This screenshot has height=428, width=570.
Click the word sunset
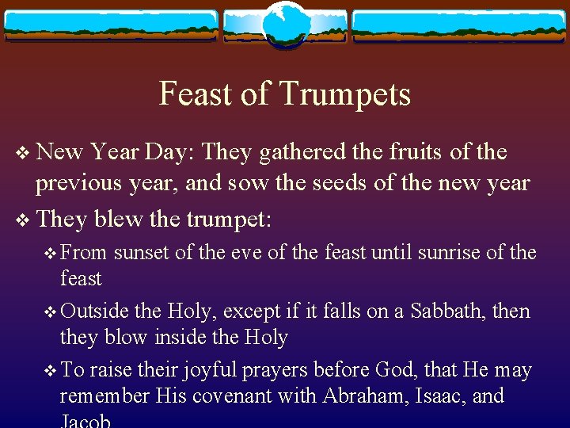coord(142,254)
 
